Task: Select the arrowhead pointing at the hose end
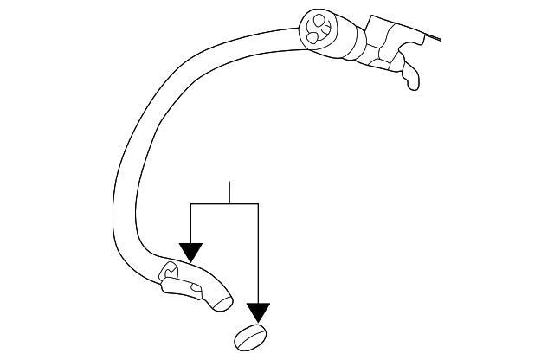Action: [190, 252]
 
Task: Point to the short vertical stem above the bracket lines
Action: [229, 192]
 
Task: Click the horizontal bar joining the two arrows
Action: [224, 203]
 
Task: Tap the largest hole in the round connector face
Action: [319, 19]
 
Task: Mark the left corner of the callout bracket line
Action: [190, 203]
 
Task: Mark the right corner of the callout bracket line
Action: [258, 203]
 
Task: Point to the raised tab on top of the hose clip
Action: [171, 271]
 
